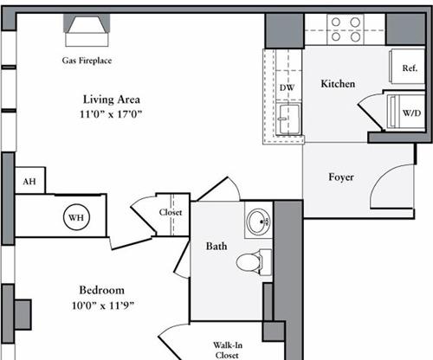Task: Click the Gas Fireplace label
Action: pos(87,61)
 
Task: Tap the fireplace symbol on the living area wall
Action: pos(87,30)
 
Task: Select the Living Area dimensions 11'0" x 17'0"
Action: pos(111,114)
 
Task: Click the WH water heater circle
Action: pos(76,217)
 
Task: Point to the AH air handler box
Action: pos(30,181)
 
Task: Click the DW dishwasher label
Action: pos(287,87)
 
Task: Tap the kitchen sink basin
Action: pos(288,119)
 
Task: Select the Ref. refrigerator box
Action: pos(407,67)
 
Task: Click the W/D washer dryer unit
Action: pos(405,112)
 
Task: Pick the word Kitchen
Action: pos(338,84)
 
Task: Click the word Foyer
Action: pos(341,177)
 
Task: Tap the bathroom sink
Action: pos(259,222)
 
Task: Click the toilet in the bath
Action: pos(254,262)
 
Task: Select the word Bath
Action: pos(216,246)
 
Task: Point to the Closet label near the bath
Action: pos(171,212)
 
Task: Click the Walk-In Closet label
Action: pos(228,350)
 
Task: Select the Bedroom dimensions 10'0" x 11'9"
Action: pos(103,305)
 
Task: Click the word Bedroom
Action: pos(102,290)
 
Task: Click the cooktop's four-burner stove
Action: pos(346,29)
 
